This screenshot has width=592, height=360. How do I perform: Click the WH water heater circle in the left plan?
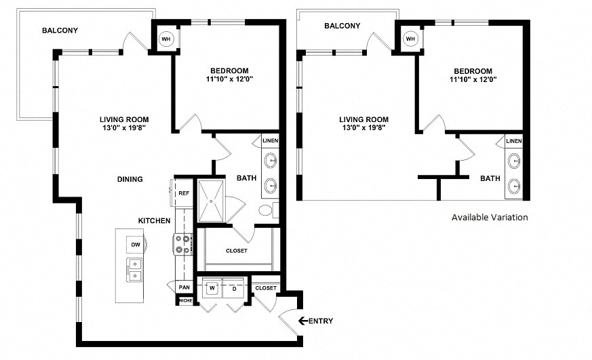(x=166, y=39)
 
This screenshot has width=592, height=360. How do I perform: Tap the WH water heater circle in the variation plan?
(x=411, y=39)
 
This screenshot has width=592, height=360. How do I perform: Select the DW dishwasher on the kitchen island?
(x=136, y=245)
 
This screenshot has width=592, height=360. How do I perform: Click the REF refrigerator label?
(x=184, y=193)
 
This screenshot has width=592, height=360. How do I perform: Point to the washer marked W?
(x=212, y=288)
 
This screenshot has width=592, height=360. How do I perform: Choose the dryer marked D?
(x=235, y=289)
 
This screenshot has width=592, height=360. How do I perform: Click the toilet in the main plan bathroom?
(x=269, y=210)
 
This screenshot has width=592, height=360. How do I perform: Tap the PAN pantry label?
(x=184, y=287)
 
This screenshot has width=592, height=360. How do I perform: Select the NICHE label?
(x=186, y=301)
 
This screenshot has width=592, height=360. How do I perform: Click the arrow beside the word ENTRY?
(x=303, y=321)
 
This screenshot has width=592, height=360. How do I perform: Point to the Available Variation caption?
(x=490, y=217)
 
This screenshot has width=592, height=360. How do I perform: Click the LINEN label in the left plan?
(x=271, y=141)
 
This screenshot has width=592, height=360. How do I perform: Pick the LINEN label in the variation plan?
(x=514, y=141)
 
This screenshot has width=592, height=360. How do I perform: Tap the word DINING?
(x=130, y=179)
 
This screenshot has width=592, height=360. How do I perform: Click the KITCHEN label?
(x=154, y=221)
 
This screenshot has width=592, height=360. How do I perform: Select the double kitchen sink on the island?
(x=134, y=270)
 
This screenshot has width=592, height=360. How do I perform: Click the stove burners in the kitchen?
(x=182, y=244)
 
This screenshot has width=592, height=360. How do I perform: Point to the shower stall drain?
(x=211, y=201)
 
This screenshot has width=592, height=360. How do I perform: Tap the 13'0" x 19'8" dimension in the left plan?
(x=124, y=127)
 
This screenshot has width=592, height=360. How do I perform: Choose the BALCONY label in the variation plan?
(x=342, y=26)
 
